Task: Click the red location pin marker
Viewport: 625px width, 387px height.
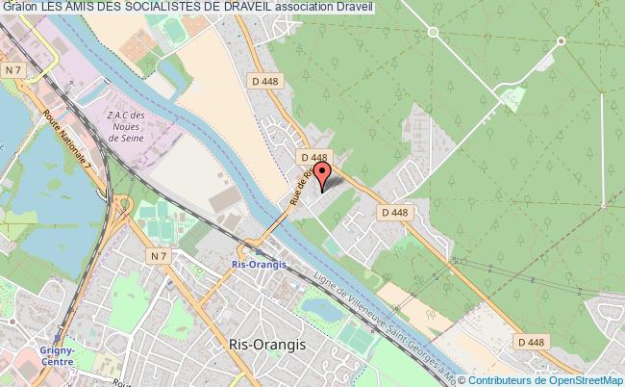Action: coord(323,173)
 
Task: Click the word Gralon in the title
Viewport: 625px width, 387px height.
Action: coord(19,7)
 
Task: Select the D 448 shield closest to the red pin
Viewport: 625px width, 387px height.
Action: coord(314,157)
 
